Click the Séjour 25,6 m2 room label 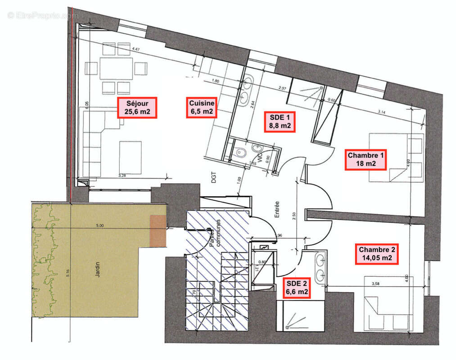click(x=137, y=108)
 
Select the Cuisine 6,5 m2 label click(x=201, y=108)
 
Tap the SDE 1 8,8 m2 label click(x=279, y=121)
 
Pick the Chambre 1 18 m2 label click(x=366, y=159)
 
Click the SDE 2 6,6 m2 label click(x=297, y=287)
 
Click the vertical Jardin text click(x=98, y=269)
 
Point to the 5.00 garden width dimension click(x=99, y=225)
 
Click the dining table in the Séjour click(x=116, y=68)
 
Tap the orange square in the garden click(x=158, y=231)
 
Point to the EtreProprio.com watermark click(x=42, y=15)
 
